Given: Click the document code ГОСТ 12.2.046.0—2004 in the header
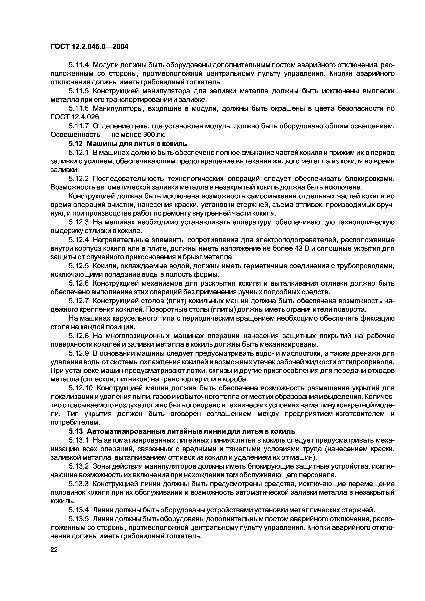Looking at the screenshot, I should coord(89,47).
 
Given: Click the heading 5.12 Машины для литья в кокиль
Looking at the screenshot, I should coord(127,143).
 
